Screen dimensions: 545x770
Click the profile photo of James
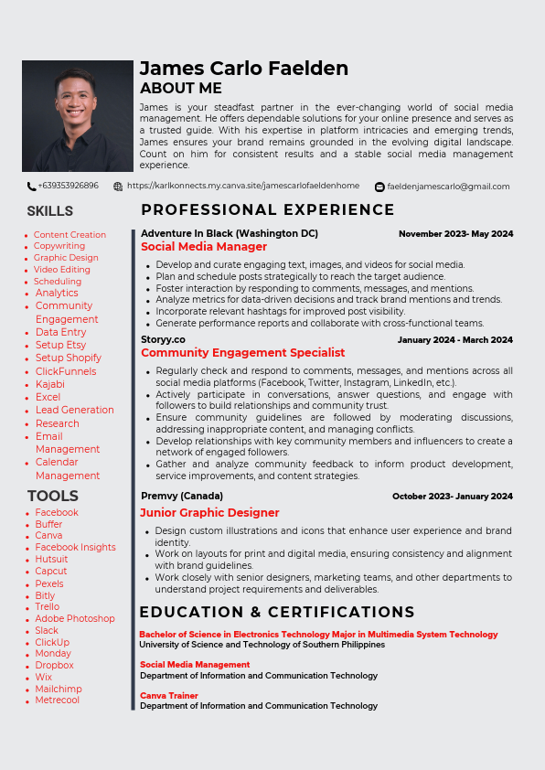(78, 115)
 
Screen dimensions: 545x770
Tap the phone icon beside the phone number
(31, 187)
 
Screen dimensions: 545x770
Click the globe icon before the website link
(118, 187)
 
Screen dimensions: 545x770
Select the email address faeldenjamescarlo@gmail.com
(448, 187)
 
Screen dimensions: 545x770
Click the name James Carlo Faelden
(244, 69)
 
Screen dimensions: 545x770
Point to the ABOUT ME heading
(181, 89)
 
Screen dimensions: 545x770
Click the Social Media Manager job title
(204, 247)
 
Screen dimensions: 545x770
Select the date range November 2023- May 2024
(455, 234)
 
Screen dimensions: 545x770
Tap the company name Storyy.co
(163, 340)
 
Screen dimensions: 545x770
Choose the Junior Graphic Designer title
(210, 513)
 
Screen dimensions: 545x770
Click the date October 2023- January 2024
(452, 497)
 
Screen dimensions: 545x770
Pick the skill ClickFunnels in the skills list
(66, 371)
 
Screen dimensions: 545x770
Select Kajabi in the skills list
(50, 384)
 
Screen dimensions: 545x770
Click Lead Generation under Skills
(75, 410)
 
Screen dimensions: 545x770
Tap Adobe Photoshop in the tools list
(75, 618)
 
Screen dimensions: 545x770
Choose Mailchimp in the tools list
(59, 689)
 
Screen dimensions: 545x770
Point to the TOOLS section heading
(53, 496)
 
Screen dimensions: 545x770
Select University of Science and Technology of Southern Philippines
(262, 645)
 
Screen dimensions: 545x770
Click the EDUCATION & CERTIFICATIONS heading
(277, 613)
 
